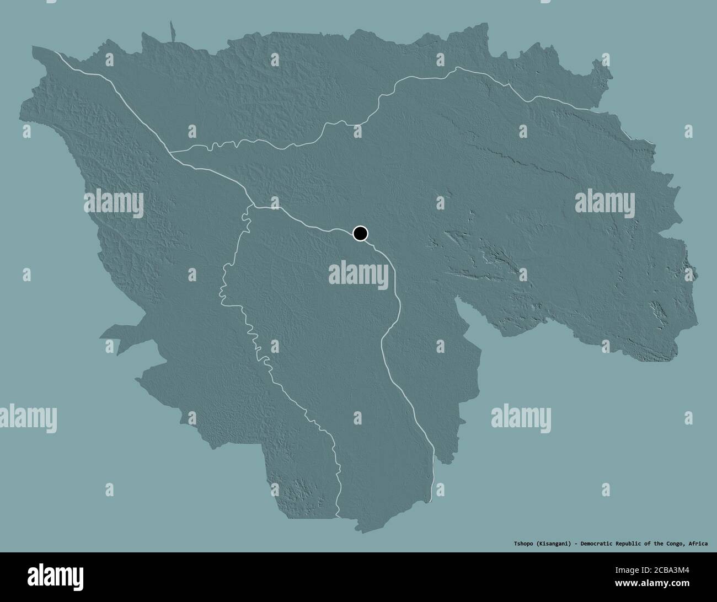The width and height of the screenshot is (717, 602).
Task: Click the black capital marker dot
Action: coord(360,233)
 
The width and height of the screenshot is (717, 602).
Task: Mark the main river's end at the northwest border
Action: coord(55,51)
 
